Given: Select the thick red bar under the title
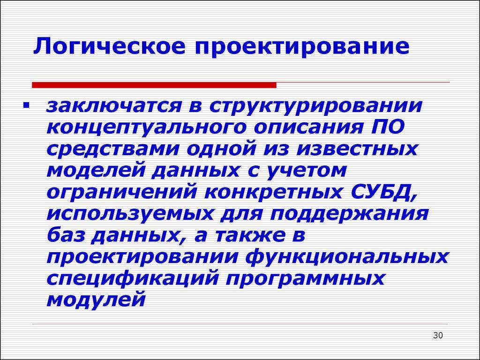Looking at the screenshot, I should click(x=154, y=85).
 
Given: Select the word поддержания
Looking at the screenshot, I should click(x=361, y=213).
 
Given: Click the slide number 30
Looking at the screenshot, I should click(x=438, y=336).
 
